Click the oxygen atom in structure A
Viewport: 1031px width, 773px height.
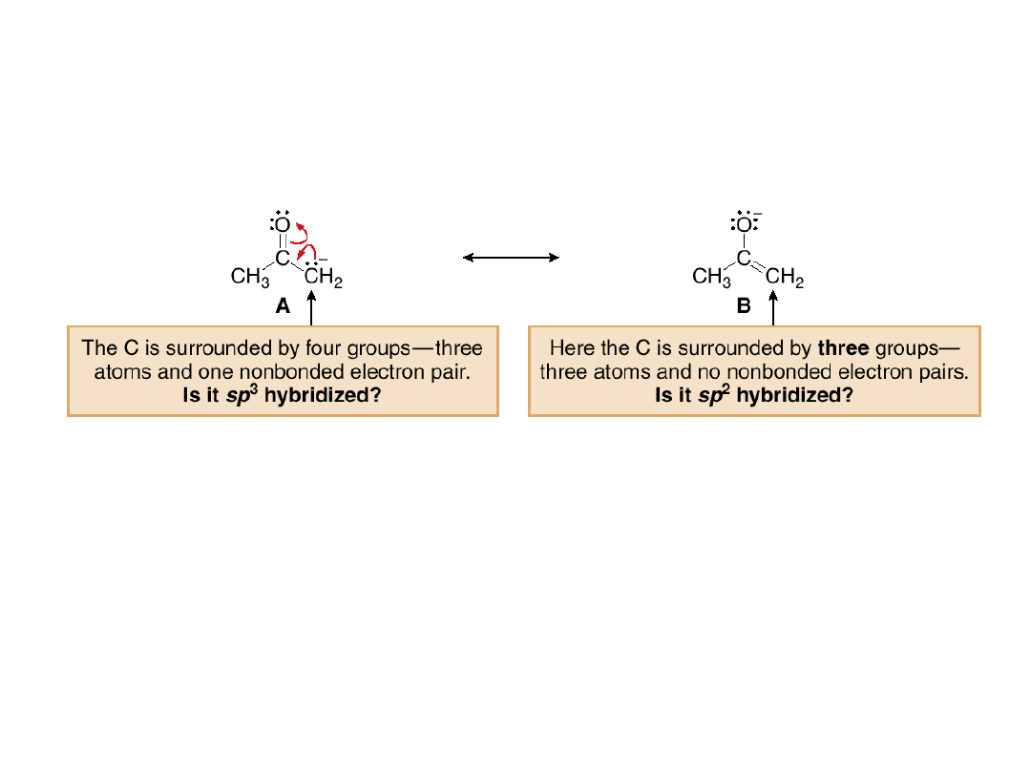click(x=283, y=225)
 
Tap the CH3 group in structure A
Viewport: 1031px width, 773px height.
click(x=250, y=278)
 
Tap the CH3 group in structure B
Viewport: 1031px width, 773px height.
click(x=711, y=278)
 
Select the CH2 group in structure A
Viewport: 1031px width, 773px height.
click(x=323, y=278)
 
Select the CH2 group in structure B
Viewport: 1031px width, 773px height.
click(x=785, y=278)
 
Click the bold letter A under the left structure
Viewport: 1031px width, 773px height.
click(x=283, y=306)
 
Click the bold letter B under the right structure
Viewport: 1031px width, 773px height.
click(x=745, y=306)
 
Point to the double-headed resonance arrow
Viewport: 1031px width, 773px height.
click(x=511, y=257)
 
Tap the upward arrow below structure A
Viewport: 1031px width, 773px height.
click(x=311, y=310)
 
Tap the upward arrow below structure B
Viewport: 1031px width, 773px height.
click(x=773, y=310)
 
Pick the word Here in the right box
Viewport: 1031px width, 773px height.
click(x=572, y=348)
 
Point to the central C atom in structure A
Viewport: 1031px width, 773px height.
click(x=283, y=257)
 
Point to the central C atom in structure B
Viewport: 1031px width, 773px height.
click(x=744, y=257)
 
